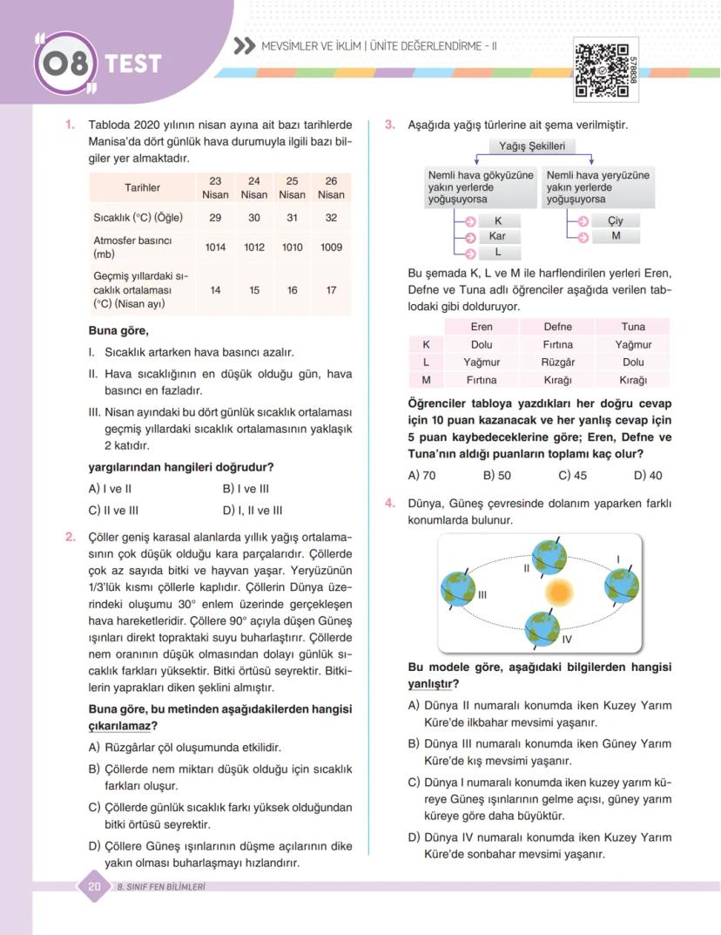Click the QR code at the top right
tap(602, 71)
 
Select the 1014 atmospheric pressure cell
tap(215, 247)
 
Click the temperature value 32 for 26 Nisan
tap(331, 218)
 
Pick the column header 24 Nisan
tap(254, 188)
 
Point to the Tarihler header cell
tap(142, 188)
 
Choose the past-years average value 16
tap(293, 290)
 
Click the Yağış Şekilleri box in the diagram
tap(532, 146)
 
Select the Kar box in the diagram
tap(497, 236)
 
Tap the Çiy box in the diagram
tap(615, 221)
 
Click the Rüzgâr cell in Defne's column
tap(557, 362)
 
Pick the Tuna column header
tap(633, 327)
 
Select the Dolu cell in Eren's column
tap(482, 344)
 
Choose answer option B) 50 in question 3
tap(496, 476)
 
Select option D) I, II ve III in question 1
tap(253, 511)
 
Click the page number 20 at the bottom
tap(94, 887)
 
